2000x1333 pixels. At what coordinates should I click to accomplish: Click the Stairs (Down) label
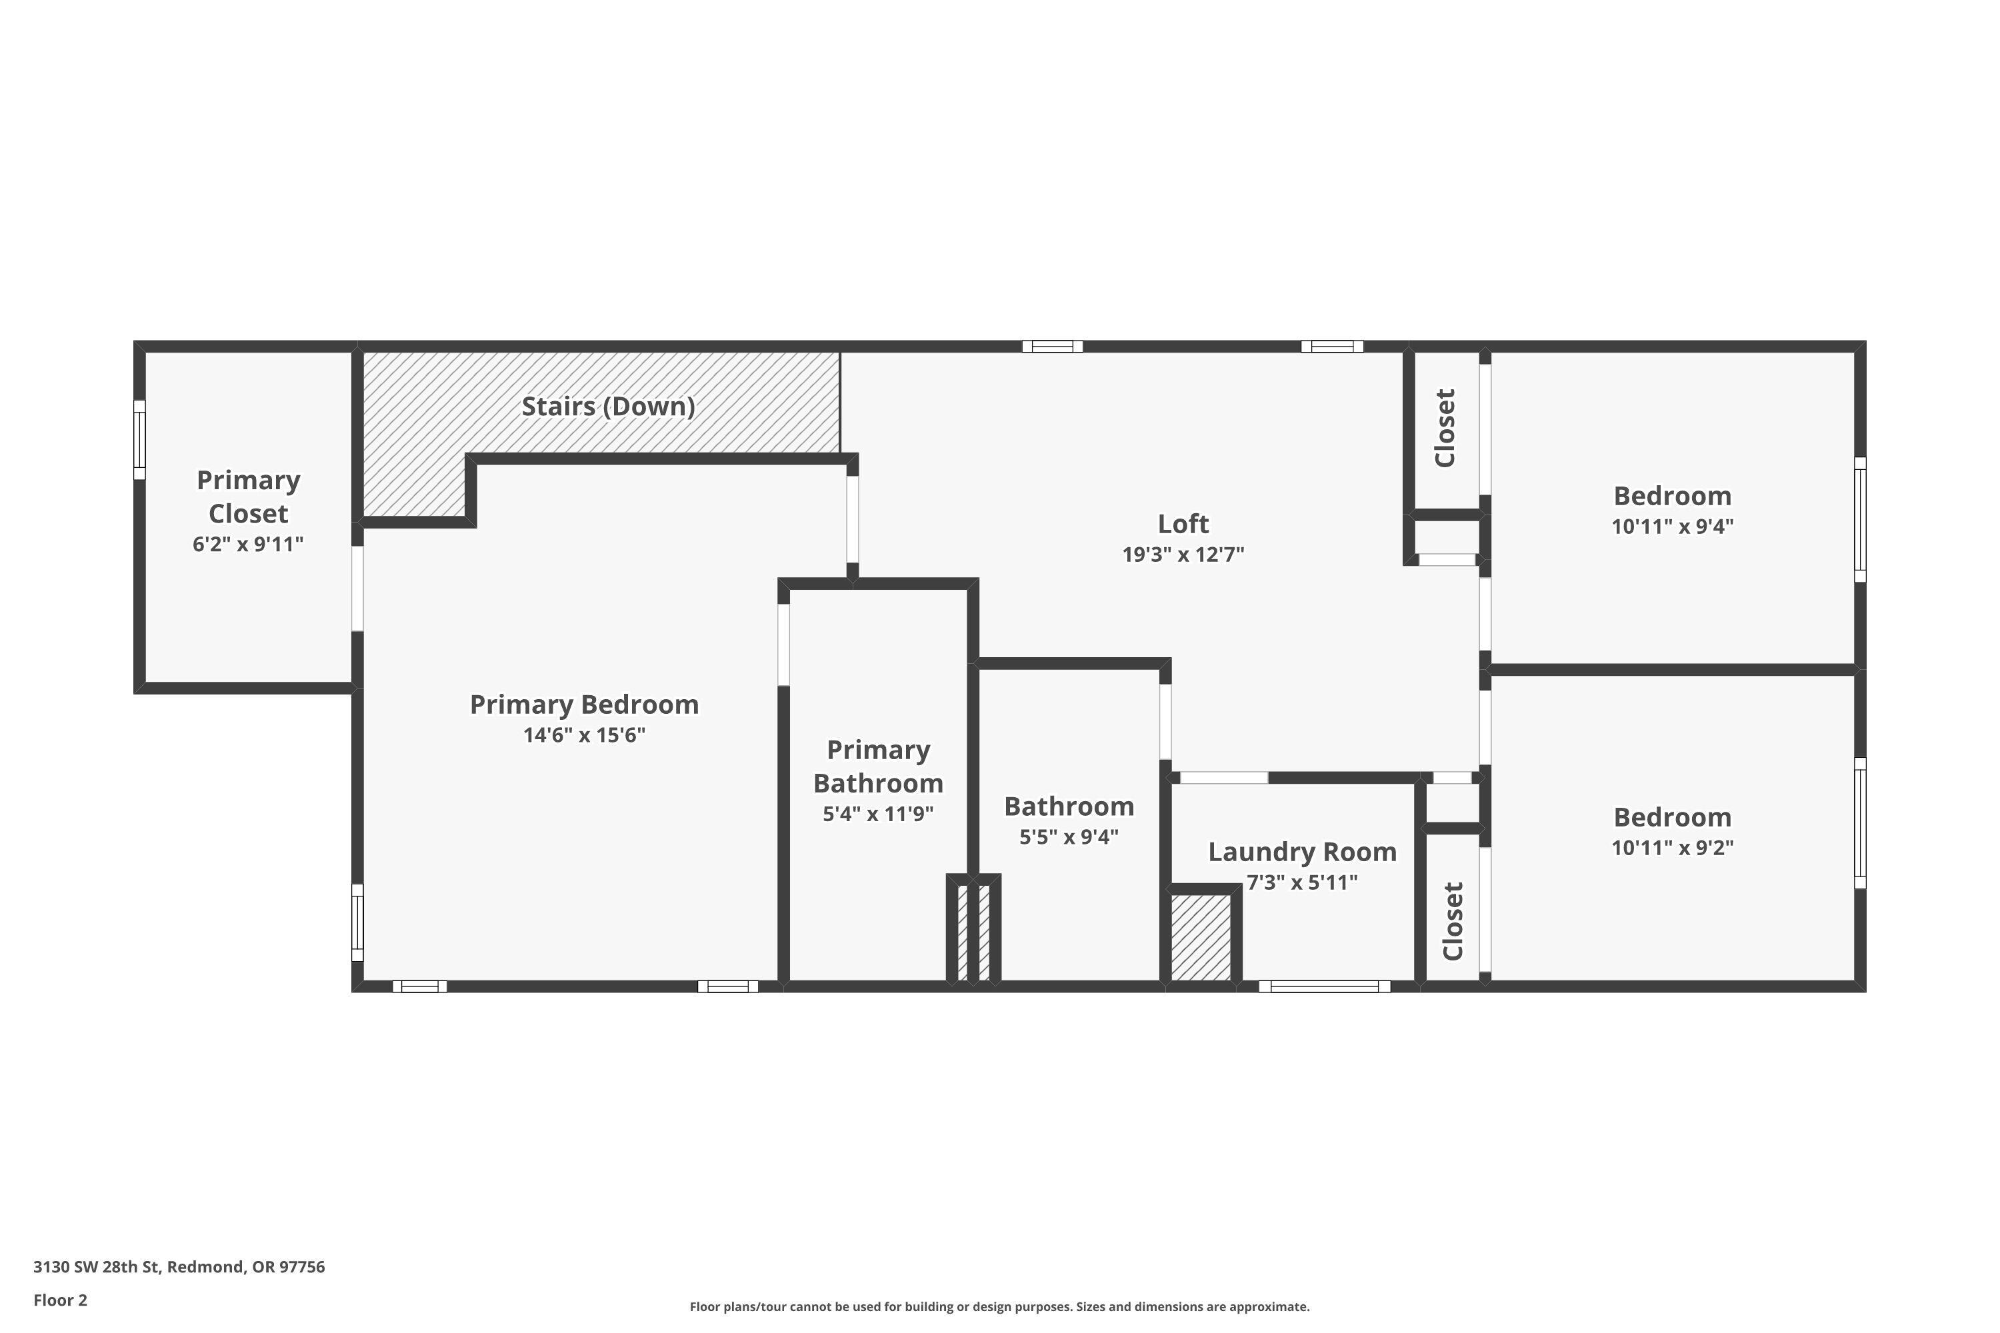coord(608,407)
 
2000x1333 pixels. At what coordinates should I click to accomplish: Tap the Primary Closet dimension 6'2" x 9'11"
coord(247,544)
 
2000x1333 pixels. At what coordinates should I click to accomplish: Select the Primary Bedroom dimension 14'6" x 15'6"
coord(584,735)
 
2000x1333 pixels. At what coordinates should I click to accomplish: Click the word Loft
coord(1183,524)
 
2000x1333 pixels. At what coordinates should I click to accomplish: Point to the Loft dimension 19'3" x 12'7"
coord(1183,555)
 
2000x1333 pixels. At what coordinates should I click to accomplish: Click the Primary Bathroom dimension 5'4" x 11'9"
coord(877,814)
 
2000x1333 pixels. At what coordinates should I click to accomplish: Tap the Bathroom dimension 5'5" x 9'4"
coord(1069,836)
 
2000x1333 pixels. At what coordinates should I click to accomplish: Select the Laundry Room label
coord(1302,852)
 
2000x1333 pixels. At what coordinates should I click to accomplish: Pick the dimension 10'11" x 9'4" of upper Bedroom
coord(1672,527)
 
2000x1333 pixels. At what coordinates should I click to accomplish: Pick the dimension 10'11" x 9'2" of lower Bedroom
coord(1672,848)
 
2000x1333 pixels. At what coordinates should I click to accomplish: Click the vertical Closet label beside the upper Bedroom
coord(1445,429)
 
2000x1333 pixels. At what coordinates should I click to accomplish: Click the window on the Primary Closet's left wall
coord(139,439)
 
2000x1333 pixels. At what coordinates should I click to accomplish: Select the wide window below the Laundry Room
coord(1324,986)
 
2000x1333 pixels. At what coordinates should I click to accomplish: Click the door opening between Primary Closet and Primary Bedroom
coord(358,589)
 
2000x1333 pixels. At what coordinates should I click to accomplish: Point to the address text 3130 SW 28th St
coord(179,1267)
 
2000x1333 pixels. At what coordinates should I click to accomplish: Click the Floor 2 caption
coord(61,1300)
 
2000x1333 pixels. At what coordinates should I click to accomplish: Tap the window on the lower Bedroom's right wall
coord(1860,823)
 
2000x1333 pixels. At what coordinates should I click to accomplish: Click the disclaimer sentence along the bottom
coord(999,1306)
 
